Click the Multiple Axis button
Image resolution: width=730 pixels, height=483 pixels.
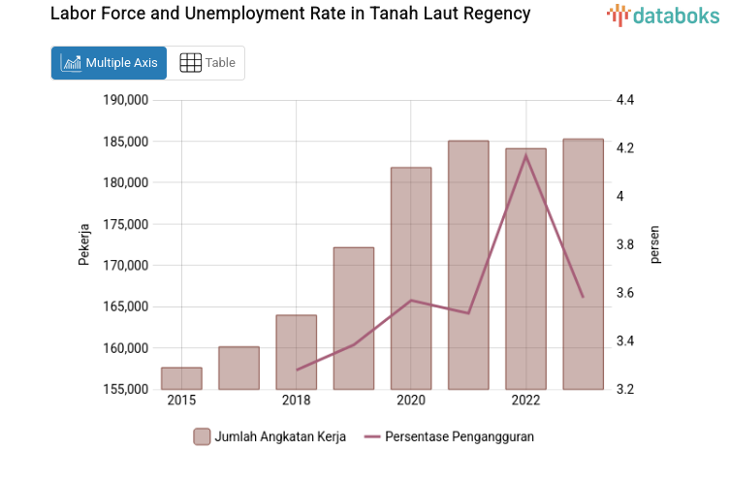[109, 63]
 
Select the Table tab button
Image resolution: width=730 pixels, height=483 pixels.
[207, 63]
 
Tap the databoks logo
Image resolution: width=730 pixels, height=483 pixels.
[664, 15]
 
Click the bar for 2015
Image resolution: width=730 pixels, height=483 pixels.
[181, 378]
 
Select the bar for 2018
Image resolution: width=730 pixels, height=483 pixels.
[297, 352]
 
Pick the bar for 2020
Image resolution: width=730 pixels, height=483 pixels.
[411, 278]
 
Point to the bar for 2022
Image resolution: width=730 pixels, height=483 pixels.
[525, 269]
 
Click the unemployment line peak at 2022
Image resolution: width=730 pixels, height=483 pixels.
[525, 155]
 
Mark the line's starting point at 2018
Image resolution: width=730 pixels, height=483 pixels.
[297, 370]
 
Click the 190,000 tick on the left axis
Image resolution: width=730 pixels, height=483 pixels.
[125, 100]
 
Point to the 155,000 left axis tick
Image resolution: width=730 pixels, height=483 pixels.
[125, 390]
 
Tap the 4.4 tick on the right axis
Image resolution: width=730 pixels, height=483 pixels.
[624, 100]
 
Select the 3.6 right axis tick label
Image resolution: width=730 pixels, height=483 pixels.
[624, 293]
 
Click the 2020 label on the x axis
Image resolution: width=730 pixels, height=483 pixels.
[411, 401]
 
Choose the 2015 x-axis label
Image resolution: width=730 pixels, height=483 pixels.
[181, 401]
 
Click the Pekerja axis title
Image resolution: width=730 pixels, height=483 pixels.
[83, 244]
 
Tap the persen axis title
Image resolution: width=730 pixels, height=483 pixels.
[654, 244]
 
